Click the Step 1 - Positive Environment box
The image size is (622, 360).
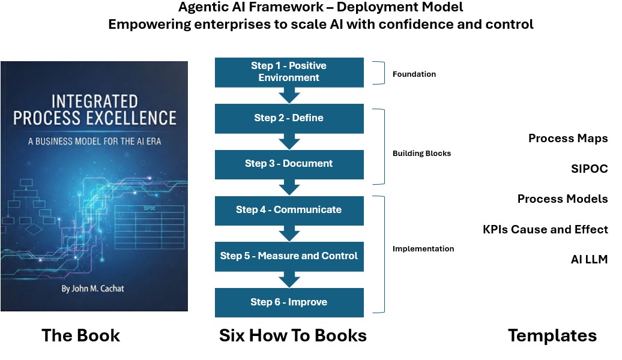pos(289,72)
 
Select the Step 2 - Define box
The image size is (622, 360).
pos(289,119)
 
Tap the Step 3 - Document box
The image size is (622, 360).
pos(289,164)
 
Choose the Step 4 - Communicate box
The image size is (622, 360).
pos(289,211)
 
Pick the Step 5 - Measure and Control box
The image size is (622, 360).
pos(289,257)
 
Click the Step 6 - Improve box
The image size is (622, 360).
pos(289,302)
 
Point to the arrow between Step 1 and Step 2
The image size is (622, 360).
pos(289,95)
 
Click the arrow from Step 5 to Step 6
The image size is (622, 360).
pos(289,280)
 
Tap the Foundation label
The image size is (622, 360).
pos(414,74)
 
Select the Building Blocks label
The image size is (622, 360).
pos(421,154)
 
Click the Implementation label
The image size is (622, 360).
pos(423,249)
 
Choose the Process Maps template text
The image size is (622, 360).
pos(568,139)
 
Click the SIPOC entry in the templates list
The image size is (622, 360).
pos(590,169)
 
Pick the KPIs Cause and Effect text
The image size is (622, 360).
pos(545,230)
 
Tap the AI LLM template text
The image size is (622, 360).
pos(590,260)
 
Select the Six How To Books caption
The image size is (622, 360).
pos(293,336)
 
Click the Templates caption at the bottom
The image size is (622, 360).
pos(552,336)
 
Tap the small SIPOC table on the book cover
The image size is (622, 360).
pos(149,221)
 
